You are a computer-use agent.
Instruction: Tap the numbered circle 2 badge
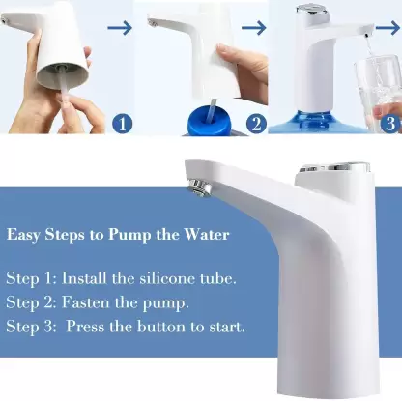255,124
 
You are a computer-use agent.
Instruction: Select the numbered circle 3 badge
388,124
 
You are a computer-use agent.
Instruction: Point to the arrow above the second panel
252,29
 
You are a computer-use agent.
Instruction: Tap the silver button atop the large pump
330,171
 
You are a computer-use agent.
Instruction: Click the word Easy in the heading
27,234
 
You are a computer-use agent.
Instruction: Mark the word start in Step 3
224,326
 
